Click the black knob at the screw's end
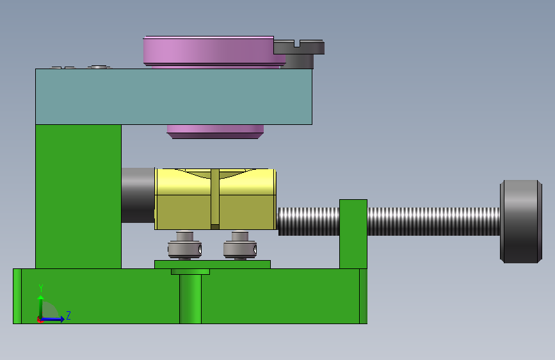520,222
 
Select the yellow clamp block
215,199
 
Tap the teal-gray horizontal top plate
173,96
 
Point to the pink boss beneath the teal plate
215,131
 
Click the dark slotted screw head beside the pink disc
300,53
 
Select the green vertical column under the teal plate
78,196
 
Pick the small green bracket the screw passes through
353,234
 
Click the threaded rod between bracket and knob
433,222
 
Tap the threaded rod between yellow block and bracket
309,222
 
